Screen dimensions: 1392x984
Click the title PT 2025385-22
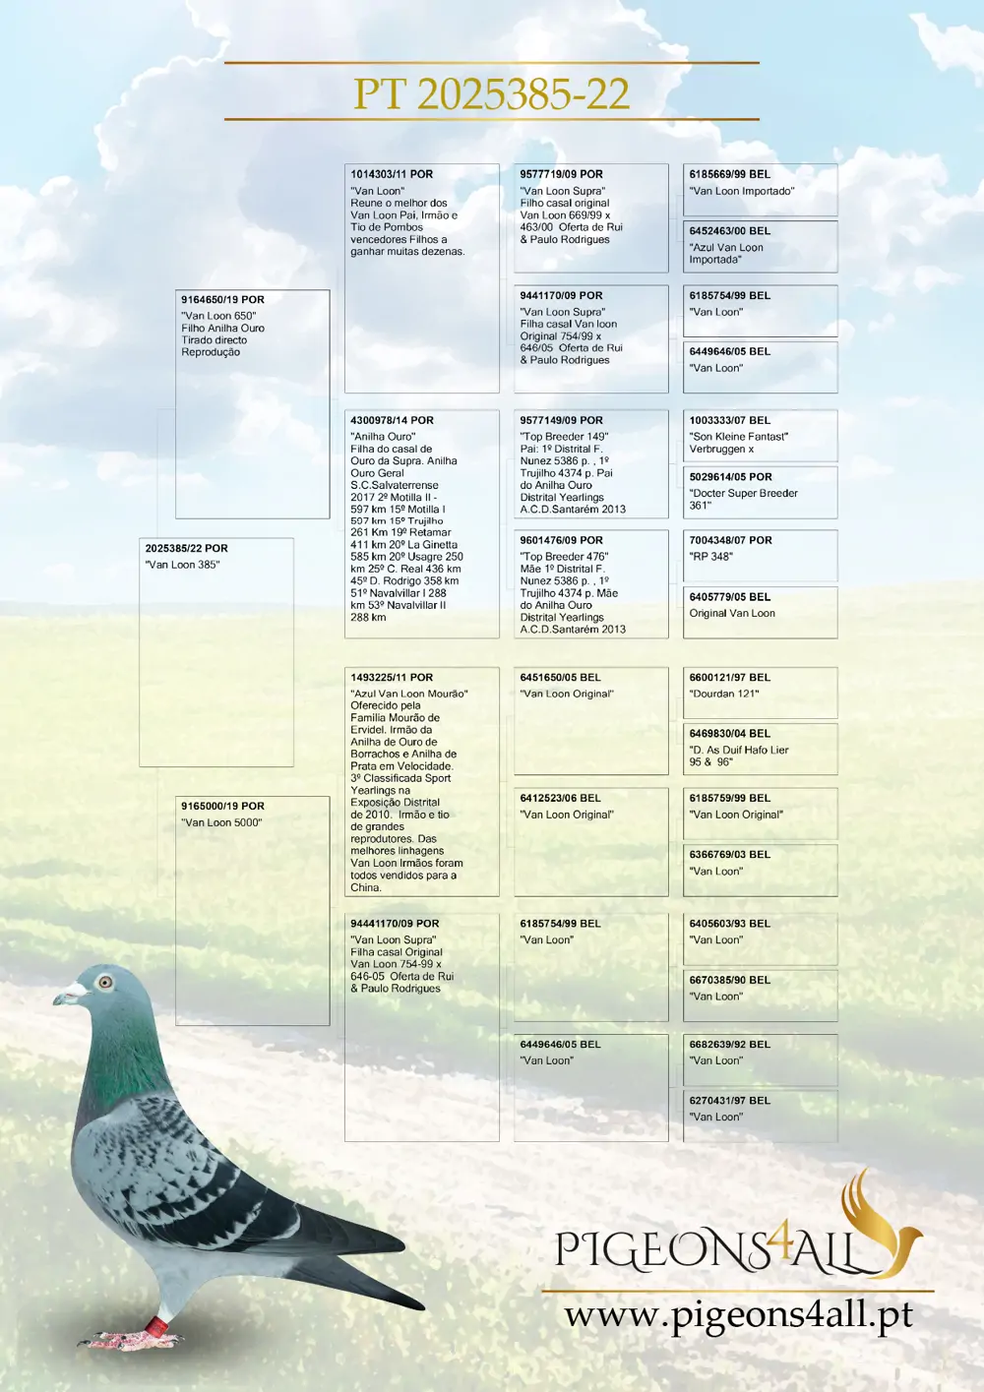tap(491, 93)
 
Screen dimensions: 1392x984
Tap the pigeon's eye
tap(105, 982)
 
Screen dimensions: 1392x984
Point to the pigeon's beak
tap(68, 997)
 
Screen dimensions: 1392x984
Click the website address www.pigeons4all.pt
tap(738, 1315)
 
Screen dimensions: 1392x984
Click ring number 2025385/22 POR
tap(186, 548)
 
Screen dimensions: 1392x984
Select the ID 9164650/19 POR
tap(222, 299)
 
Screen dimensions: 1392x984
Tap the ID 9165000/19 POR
tap(222, 806)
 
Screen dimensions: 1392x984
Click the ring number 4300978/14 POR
tap(392, 420)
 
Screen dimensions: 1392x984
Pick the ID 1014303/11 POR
tap(392, 174)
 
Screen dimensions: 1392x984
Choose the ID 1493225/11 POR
tap(392, 678)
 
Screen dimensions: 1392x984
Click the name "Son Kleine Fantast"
tap(738, 437)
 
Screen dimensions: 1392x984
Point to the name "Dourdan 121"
tap(723, 695)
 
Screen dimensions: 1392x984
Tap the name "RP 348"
tap(710, 557)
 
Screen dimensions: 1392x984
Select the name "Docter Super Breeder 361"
tap(743, 499)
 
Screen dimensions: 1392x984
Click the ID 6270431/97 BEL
tap(729, 1101)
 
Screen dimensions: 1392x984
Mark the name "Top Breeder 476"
tap(564, 557)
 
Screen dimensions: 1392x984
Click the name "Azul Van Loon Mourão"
tap(409, 695)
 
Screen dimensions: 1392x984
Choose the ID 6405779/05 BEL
tap(729, 597)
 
